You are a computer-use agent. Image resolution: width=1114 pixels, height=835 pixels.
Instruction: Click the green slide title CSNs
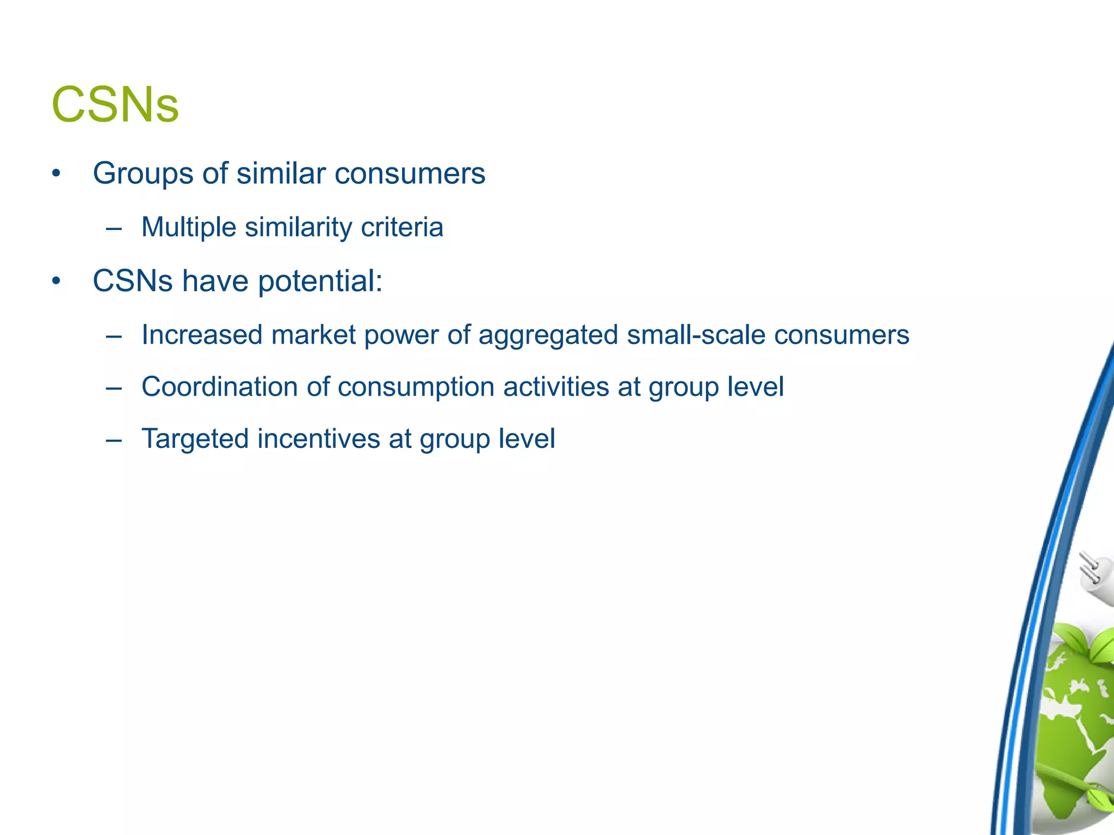tap(115, 105)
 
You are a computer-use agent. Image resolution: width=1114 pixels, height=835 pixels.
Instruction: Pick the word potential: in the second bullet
tap(320, 282)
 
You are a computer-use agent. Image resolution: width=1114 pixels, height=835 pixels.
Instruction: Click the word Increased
tap(202, 335)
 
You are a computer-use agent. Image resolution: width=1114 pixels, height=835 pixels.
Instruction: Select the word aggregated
tap(548, 335)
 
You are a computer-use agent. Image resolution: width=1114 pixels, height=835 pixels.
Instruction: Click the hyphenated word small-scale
tap(696, 335)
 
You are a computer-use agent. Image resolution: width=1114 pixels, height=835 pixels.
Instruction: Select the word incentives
tap(319, 439)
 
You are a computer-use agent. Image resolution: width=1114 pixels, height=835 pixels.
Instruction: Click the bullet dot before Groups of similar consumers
tap(56, 175)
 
